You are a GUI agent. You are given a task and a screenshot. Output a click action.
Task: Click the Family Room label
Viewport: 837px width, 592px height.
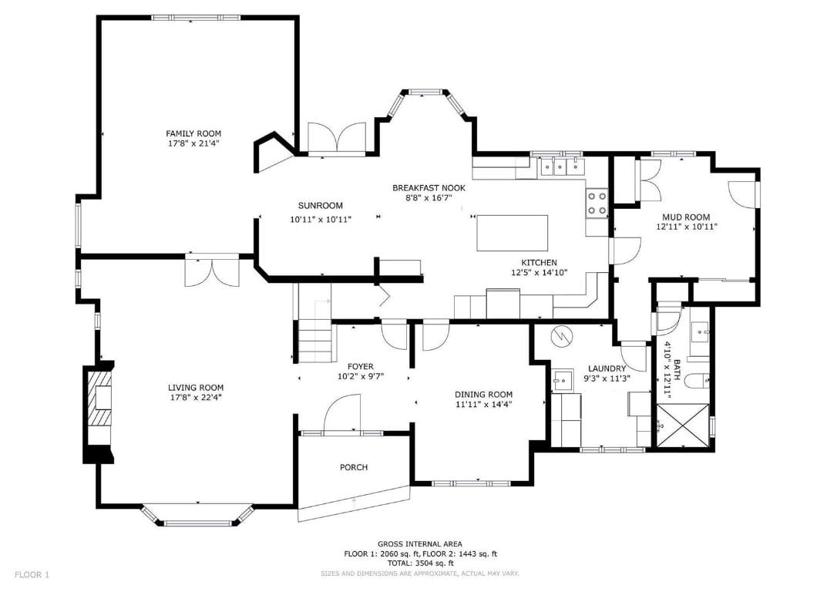pyautogui.click(x=193, y=133)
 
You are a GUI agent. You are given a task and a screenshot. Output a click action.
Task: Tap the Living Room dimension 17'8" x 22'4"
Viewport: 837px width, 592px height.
pyautogui.click(x=195, y=397)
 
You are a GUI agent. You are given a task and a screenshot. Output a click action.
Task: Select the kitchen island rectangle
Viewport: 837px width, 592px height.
pyautogui.click(x=513, y=233)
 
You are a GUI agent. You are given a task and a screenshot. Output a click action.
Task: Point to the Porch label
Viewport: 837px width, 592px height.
pyautogui.click(x=354, y=468)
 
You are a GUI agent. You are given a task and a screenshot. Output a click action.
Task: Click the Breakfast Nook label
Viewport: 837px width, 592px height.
pyautogui.click(x=429, y=188)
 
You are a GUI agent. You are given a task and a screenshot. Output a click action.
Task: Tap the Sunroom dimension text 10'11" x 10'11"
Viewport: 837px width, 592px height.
pyautogui.click(x=321, y=220)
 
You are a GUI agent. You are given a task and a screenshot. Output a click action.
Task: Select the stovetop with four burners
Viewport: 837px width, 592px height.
pyautogui.click(x=597, y=203)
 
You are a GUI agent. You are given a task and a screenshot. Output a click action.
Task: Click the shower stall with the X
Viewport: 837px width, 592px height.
pyautogui.click(x=683, y=425)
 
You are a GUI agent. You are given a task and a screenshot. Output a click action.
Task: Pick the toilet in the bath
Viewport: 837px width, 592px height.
pyautogui.click(x=698, y=381)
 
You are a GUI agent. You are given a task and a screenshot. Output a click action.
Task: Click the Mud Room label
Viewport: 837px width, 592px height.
pyautogui.click(x=686, y=217)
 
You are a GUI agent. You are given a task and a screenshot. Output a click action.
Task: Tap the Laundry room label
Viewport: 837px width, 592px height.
pyautogui.click(x=607, y=369)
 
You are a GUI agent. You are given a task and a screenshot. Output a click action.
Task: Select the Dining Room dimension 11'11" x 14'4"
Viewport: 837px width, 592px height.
pyautogui.click(x=483, y=404)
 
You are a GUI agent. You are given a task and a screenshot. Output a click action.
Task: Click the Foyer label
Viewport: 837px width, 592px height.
pyautogui.click(x=361, y=367)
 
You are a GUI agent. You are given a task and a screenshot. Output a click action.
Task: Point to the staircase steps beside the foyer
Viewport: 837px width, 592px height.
pyautogui.click(x=315, y=341)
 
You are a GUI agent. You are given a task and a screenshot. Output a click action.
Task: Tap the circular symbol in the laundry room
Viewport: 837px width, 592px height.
pyautogui.click(x=562, y=336)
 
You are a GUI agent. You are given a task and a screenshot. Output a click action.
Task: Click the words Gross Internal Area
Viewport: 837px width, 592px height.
pyautogui.click(x=420, y=544)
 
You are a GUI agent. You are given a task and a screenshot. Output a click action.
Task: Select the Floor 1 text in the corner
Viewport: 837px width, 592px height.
pyautogui.click(x=32, y=575)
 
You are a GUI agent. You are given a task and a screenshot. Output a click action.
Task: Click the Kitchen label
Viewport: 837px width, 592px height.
pyautogui.click(x=540, y=263)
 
